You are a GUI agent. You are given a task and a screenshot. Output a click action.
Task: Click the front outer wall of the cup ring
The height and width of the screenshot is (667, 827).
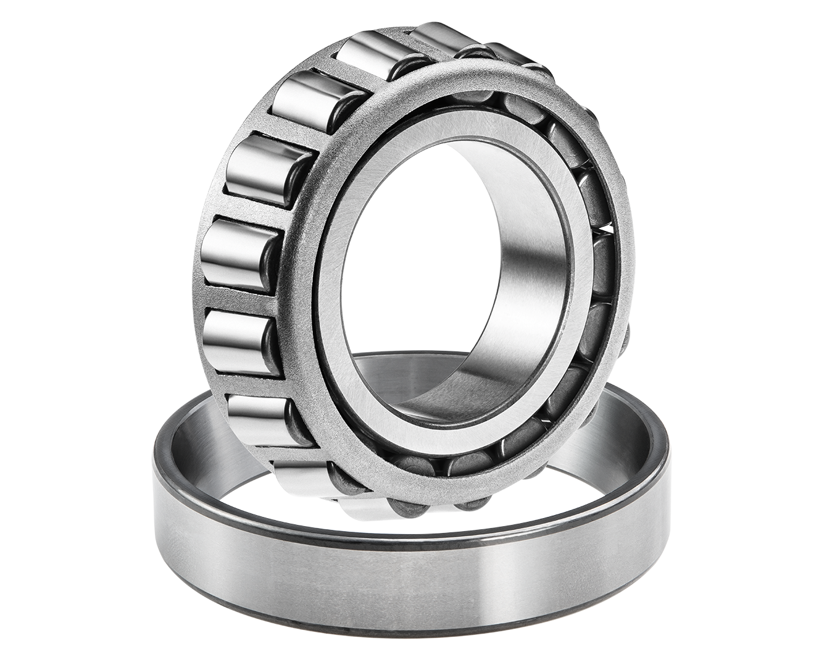(x=407, y=574)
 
